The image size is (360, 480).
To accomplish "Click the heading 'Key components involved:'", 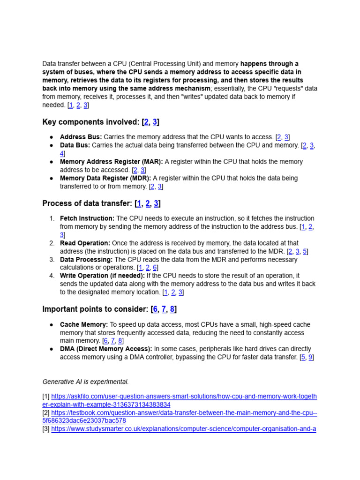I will [x=90, y=122].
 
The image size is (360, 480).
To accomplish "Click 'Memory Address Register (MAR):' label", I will [x=111, y=162].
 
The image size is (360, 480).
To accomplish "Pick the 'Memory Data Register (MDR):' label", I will [x=105, y=178].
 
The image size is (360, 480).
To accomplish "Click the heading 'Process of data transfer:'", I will [x=87, y=203].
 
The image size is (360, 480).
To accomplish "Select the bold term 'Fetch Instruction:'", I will [x=87, y=218].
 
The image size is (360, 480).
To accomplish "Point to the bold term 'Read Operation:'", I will [x=85, y=243].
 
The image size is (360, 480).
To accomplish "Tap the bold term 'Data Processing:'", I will [x=86, y=260].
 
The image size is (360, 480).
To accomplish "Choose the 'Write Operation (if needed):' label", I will [x=102, y=276].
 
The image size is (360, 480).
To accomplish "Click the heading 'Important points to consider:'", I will [x=96, y=309].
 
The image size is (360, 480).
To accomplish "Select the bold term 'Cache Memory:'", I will [x=84, y=324].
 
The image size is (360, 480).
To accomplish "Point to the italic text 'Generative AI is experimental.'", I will [x=85, y=382].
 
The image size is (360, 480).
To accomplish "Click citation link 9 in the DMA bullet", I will [x=311, y=357].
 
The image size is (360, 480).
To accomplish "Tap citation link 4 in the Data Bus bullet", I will [x=62, y=153].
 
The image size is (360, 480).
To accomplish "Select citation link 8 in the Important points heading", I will [x=172, y=309].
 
